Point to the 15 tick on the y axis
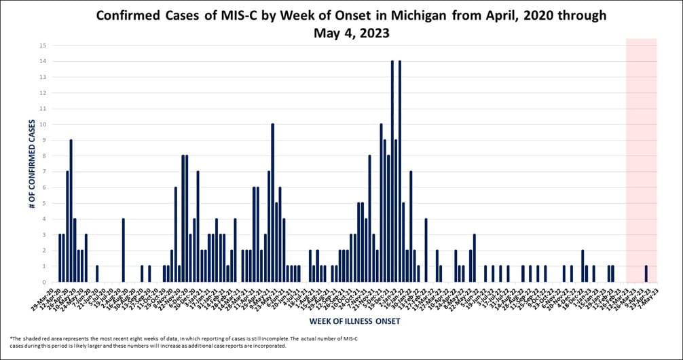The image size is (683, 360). tap(43, 46)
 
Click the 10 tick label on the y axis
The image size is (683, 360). tap(43, 124)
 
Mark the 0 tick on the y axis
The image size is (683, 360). tap(43, 282)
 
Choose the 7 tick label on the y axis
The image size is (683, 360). tap(43, 172)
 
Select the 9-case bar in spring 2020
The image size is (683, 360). tap(71, 211)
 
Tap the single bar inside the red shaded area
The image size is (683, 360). tap(646, 274)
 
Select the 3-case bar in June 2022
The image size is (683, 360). tap(474, 258)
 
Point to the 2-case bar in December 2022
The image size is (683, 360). tap(583, 266)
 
